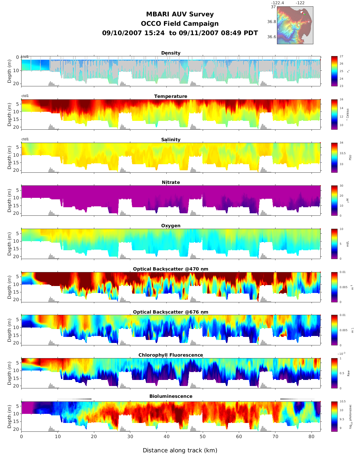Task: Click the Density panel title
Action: click(171, 53)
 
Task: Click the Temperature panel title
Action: click(171, 96)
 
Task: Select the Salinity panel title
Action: click(171, 140)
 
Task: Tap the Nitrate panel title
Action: click(171, 182)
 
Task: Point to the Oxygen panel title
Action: click(171, 226)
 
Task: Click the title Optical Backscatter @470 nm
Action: click(171, 269)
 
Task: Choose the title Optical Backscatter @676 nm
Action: click(171, 312)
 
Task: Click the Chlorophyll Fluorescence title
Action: click(171, 355)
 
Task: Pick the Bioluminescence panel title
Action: click(171, 396)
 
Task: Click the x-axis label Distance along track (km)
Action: click(180, 451)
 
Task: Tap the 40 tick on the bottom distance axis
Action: click(166, 437)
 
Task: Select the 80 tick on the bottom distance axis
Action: click(312, 437)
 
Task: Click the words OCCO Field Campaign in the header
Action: click(180, 24)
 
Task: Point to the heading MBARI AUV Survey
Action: click(180, 14)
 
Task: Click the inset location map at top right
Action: click(295, 25)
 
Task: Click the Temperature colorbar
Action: click(334, 114)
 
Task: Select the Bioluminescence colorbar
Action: click(334, 416)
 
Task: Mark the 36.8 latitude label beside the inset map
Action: click(272, 22)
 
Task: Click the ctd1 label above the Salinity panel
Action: click(25, 139)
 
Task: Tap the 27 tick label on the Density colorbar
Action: click(342, 57)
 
